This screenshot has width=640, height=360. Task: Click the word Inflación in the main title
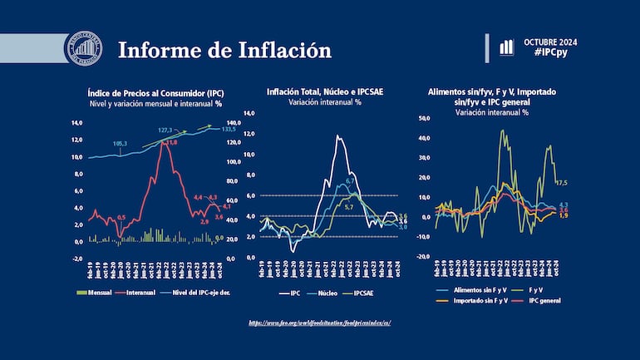[279, 50]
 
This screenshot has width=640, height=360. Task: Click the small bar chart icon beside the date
[506, 47]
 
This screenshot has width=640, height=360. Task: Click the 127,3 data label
[165, 131]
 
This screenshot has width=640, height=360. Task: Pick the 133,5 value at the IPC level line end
[228, 130]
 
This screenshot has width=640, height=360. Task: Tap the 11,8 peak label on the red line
[173, 143]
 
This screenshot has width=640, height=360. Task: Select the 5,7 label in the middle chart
[348, 206]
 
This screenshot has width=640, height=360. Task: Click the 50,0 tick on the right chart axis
[424, 118]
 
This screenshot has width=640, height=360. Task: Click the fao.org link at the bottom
[319, 322]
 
